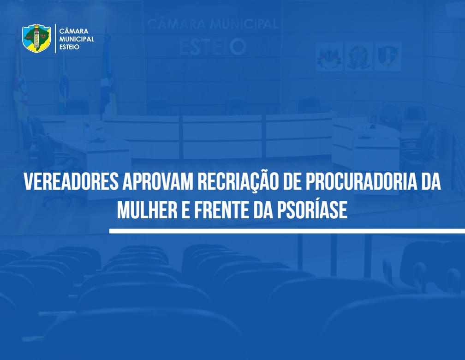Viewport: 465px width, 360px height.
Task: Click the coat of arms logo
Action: click(x=36, y=38)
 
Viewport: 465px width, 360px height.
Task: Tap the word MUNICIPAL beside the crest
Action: click(x=77, y=39)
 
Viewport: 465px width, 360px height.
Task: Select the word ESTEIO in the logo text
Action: click(x=69, y=47)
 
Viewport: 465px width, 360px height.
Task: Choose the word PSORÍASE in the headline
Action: click(x=312, y=209)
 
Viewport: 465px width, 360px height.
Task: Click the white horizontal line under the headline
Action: click(x=287, y=231)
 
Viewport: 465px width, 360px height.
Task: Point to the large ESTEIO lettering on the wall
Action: click(x=213, y=47)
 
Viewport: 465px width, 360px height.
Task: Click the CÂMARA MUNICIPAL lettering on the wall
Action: click(x=213, y=24)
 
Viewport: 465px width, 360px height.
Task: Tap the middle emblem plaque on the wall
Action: click(x=358, y=56)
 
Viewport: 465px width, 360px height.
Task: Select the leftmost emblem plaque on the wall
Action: click(x=329, y=57)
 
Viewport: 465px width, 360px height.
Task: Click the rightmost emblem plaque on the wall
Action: click(x=388, y=56)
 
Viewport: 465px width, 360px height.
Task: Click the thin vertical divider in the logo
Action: click(x=55, y=39)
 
